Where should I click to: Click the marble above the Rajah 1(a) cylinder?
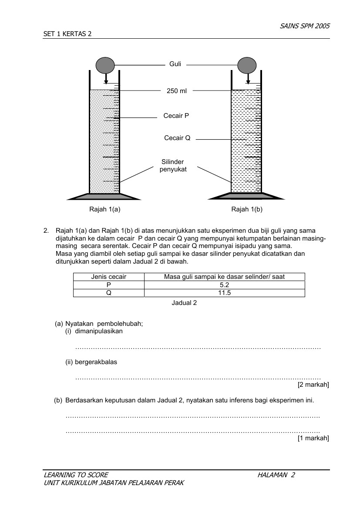point(105,65)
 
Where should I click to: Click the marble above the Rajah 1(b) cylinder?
point(248,65)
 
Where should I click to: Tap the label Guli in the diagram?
point(175,64)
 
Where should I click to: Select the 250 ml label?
point(176,91)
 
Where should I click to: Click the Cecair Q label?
point(177,138)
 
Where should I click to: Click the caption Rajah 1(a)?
point(104,209)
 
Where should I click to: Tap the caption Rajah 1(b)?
point(247,209)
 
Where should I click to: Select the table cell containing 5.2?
point(224,285)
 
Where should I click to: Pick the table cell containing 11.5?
point(224,293)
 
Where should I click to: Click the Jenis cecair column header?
point(108,277)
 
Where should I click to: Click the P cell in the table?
point(108,285)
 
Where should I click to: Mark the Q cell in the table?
point(108,293)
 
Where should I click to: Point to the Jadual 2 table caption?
point(184,303)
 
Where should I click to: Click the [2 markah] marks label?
point(313,385)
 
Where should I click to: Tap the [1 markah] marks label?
point(313,438)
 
